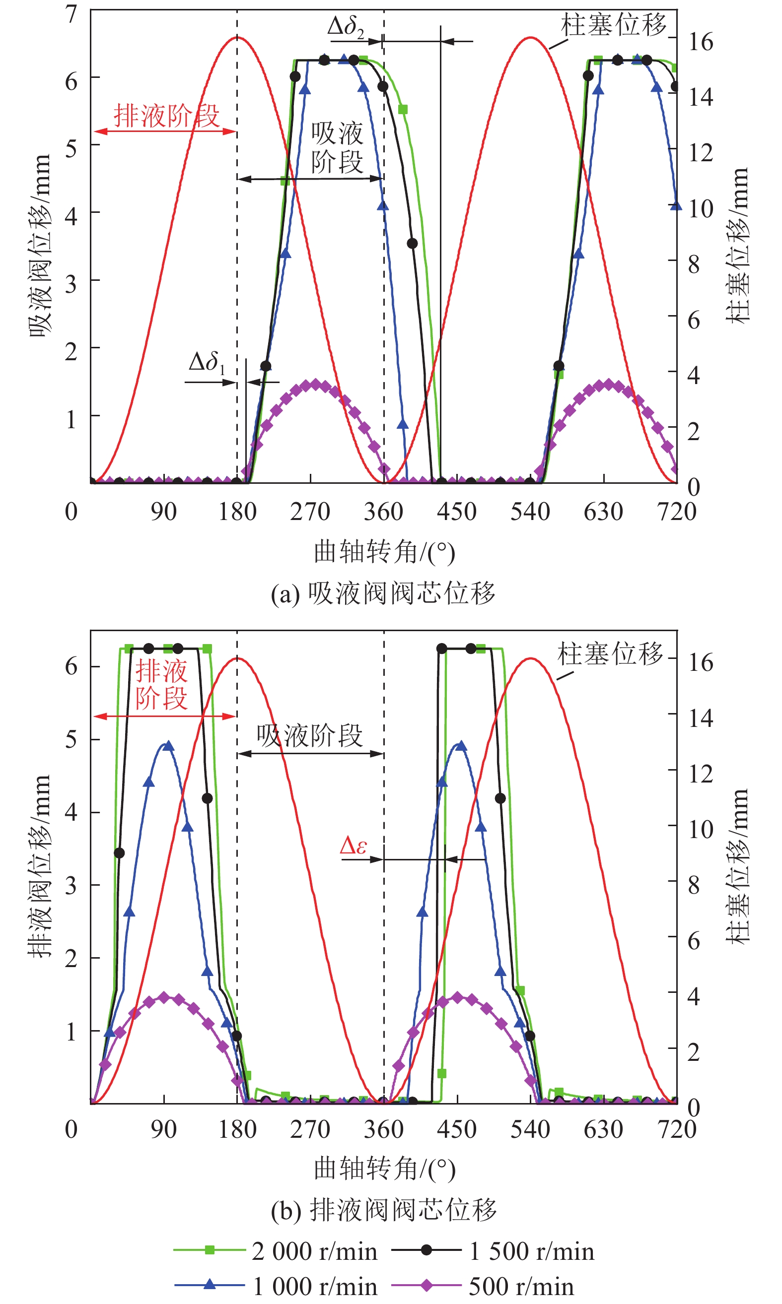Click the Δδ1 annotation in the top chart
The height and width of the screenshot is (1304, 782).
207,362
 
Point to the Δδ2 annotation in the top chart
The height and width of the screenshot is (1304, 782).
346,26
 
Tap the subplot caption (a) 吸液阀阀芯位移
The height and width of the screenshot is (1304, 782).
383,593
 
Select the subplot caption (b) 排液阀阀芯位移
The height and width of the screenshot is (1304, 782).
384,1210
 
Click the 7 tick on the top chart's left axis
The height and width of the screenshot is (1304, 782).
71,14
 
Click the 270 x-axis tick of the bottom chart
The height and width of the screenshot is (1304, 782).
310,1129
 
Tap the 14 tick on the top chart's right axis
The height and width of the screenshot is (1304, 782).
701,97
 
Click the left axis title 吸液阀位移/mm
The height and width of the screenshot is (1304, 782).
40,246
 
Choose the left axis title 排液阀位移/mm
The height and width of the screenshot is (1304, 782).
40,865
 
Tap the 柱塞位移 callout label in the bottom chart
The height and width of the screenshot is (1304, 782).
610,653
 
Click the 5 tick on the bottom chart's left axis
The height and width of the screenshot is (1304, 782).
71,739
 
